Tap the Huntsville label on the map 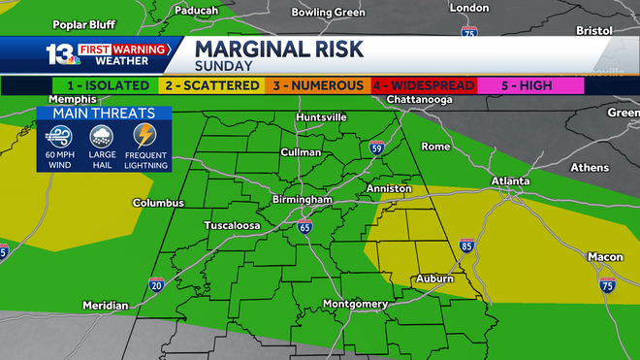tap(321, 117)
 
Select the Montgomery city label tap(355, 304)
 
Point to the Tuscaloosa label tap(232, 225)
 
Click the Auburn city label tap(434, 278)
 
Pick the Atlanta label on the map tap(510, 181)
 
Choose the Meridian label tap(105, 306)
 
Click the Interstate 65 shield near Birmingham tap(305, 227)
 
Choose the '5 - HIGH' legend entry tap(527, 85)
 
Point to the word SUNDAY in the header tap(224, 66)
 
